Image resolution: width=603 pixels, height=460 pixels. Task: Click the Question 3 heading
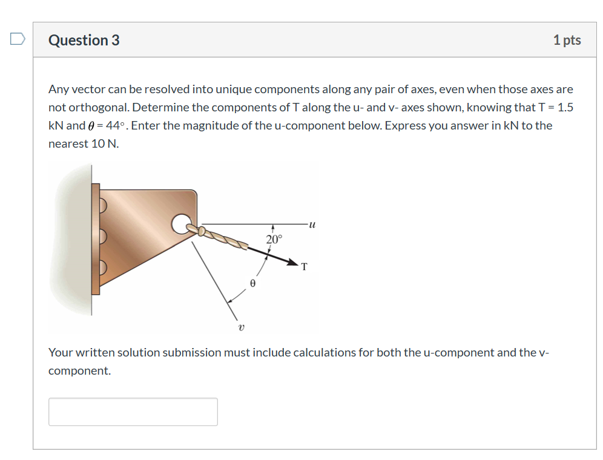pyautogui.click(x=84, y=40)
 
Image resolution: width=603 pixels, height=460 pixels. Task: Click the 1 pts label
pyautogui.click(x=567, y=40)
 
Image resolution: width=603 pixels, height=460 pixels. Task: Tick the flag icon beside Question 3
pyautogui.click(x=18, y=39)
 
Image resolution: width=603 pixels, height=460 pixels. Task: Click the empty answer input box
pyautogui.click(x=133, y=412)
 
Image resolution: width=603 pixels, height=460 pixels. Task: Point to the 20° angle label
pyautogui.click(x=274, y=239)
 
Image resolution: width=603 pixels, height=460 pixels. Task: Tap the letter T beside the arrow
pyautogui.click(x=304, y=266)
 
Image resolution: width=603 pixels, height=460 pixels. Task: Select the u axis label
pyautogui.click(x=312, y=225)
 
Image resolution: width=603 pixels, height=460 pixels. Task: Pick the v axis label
pyautogui.click(x=242, y=328)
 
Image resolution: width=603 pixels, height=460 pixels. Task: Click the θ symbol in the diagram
pyautogui.click(x=253, y=283)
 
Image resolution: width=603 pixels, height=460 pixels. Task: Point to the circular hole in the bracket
pyautogui.click(x=180, y=225)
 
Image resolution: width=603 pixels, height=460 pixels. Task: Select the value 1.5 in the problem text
pyautogui.click(x=565, y=107)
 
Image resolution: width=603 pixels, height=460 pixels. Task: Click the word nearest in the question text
pyautogui.click(x=68, y=143)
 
